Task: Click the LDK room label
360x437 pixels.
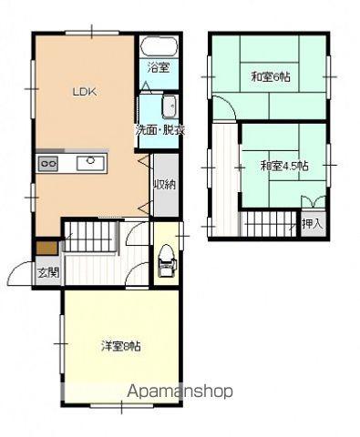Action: [x=85, y=92]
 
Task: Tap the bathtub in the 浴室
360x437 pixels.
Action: [x=159, y=46]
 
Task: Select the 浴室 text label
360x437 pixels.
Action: [x=159, y=68]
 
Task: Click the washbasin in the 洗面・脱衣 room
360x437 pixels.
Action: [x=170, y=107]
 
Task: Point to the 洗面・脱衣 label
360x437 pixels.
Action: [x=159, y=131]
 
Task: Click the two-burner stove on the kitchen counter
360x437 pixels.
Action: [x=48, y=164]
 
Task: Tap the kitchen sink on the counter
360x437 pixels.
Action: [x=91, y=163]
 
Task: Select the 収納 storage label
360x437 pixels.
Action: [x=166, y=184]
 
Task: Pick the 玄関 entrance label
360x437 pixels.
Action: [x=48, y=273]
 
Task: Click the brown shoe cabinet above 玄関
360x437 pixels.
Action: [x=46, y=248]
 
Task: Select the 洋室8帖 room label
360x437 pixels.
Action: [x=121, y=346]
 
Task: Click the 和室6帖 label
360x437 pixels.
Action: [x=271, y=77]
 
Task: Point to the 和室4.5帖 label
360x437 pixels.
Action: [x=284, y=166]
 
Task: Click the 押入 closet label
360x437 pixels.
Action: [x=312, y=224]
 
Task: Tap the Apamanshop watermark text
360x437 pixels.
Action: [x=180, y=391]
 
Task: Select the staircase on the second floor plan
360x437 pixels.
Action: [x=268, y=224]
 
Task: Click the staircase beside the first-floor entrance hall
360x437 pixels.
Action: [x=90, y=237]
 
